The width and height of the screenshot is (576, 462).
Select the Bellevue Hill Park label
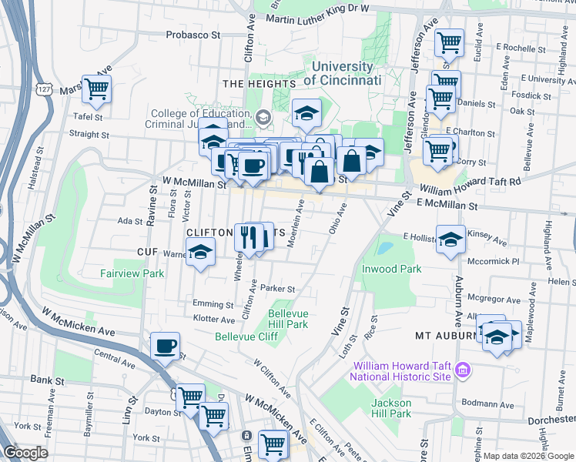click(x=288, y=319)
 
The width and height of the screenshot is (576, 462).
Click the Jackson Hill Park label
click(x=391, y=408)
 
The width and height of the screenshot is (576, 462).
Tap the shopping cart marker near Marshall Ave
click(x=97, y=89)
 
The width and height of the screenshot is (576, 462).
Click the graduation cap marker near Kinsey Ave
click(x=450, y=239)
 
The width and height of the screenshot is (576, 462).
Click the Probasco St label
click(x=193, y=35)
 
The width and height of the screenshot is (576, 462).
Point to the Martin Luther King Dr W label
click(x=318, y=8)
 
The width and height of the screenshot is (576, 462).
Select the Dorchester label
click(x=551, y=420)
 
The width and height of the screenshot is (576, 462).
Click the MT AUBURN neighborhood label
click(x=443, y=336)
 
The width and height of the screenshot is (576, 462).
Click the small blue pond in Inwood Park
click(x=384, y=249)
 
